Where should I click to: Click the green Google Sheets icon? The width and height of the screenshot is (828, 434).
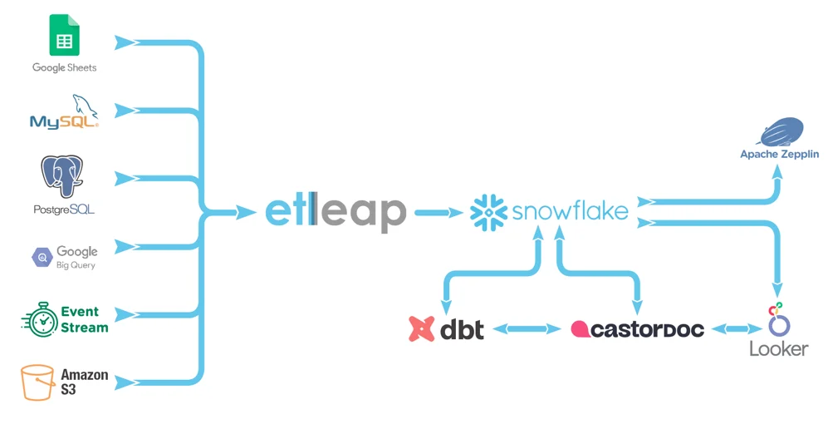point(64,35)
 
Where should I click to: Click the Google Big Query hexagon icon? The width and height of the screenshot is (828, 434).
point(42,258)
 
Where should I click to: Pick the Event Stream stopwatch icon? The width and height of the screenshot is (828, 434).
point(38,319)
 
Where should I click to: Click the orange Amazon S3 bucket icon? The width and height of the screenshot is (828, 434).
point(38,382)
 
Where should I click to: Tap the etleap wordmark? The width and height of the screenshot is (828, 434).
point(336,213)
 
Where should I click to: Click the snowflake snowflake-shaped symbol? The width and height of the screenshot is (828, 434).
point(488,212)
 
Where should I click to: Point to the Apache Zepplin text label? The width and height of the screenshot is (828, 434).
point(779,155)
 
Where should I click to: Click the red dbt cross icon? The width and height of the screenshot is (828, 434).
point(423,329)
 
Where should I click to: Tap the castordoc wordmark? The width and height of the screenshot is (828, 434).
point(637,329)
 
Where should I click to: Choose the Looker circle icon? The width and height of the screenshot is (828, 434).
point(778,319)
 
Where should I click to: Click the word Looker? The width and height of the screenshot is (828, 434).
point(778,348)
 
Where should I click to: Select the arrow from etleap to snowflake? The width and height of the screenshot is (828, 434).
point(438,213)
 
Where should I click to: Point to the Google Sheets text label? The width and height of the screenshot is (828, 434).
point(64,67)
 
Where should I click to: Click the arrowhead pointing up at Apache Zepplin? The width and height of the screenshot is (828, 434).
point(778,170)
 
